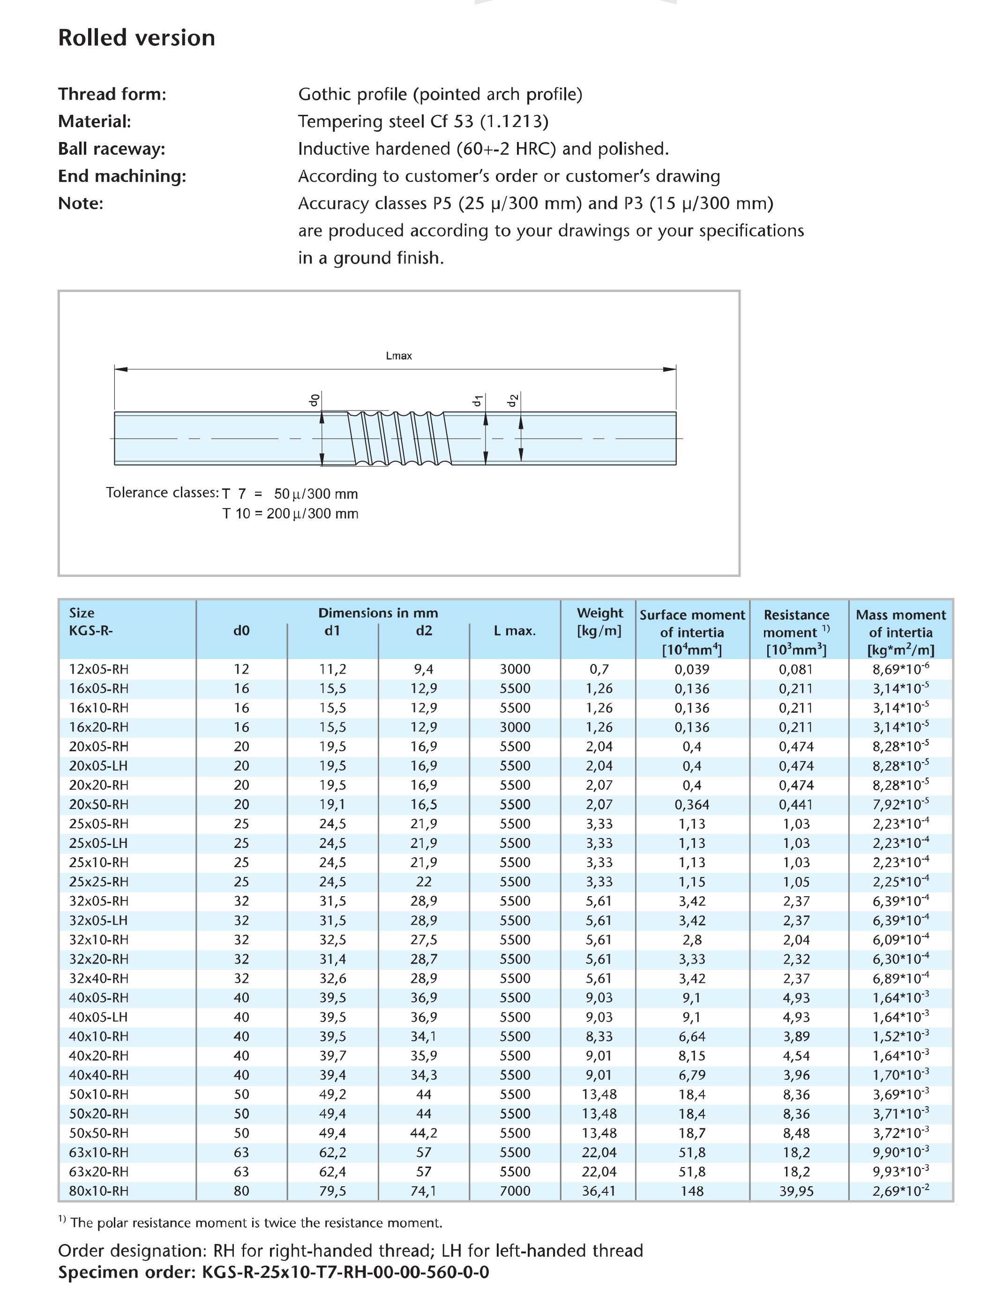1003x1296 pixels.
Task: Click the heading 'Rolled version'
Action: (136, 38)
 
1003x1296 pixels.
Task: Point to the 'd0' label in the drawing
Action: (314, 401)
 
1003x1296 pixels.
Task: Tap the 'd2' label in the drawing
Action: (513, 401)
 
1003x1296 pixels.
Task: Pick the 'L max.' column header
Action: (515, 631)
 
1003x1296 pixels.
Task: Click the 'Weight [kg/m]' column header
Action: (599, 622)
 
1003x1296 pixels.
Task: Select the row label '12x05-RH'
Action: (98, 669)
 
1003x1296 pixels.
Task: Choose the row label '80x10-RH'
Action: (98, 1191)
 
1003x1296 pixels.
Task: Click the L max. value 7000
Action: (515, 1191)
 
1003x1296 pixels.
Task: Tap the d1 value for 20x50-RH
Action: (332, 805)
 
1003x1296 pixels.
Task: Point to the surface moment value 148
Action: (692, 1191)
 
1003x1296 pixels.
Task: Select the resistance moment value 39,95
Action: (796, 1191)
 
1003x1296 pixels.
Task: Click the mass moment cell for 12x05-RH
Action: (900, 669)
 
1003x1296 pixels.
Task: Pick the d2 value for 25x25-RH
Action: (424, 882)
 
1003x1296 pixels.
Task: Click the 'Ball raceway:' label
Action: (112, 149)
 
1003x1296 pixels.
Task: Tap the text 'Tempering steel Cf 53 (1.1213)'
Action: (423, 122)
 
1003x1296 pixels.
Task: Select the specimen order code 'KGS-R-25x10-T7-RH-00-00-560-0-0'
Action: (345, 1272)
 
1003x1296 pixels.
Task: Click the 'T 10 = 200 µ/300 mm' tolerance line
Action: (290, 514)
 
